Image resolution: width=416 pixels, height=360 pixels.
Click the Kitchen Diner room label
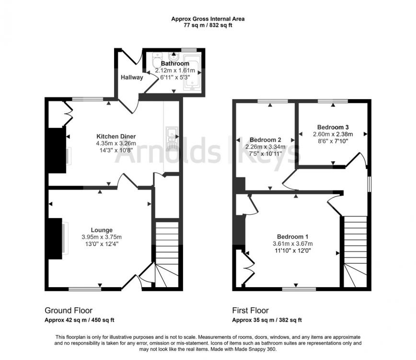click(x=116, y=136)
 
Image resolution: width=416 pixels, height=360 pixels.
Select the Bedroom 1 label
click(x=292, y=236)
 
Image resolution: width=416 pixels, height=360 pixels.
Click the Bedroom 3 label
click(x=333, y=127)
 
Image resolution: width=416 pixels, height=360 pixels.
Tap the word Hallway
click(x=132, y=77)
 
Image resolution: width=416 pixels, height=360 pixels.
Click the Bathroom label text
click(x=175, y=63)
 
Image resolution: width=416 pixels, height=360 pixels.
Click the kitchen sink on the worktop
click(x=171, y=138)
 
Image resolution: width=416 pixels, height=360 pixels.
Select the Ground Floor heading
click(x=69, y=311)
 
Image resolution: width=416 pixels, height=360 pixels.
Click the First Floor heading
click(x=251, y=311)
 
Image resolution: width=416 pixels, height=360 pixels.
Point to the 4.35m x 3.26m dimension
click(x=116, y=143)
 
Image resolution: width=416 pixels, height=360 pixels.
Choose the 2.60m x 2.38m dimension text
click(x=333, y=134)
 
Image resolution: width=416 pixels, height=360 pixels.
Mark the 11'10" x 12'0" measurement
click(x=292, y=251)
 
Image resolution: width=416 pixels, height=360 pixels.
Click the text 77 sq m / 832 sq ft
click(x=208, y=25)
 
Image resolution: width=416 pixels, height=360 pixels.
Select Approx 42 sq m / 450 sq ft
click(x=80, y=320)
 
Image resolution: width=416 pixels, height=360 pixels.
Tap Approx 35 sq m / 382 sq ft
click(x=267, y=320)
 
